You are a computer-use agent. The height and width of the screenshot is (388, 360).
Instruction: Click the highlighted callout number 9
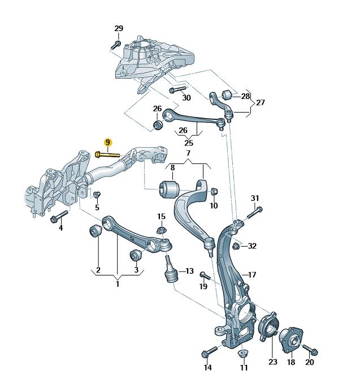coord(108,143)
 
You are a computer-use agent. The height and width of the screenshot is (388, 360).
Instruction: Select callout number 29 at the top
coord(118,29)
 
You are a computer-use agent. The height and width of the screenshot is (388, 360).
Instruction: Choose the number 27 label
coord(260,102)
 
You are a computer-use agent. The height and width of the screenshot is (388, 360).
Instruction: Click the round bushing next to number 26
coord(158,124)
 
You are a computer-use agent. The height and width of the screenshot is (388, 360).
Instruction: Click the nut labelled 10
coord(214,192)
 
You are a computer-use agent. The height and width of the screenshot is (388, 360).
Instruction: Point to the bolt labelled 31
coord(252,212)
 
